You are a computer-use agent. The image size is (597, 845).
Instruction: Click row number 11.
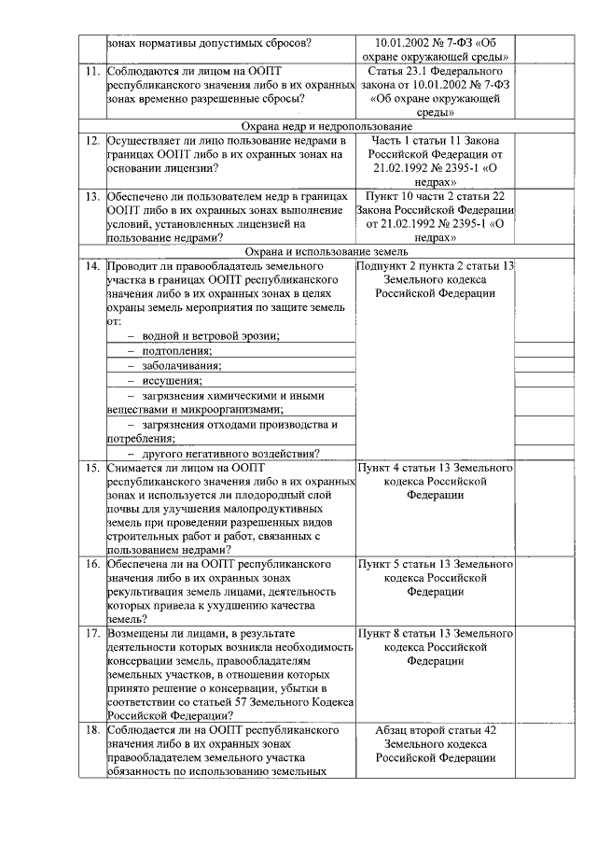point(92,71)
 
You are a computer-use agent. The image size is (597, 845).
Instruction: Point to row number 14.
point(92,266)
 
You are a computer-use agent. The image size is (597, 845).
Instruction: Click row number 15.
point(92,467)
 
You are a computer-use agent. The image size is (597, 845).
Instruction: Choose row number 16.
point(92,565)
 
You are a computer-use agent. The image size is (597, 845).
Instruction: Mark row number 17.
point(92,633)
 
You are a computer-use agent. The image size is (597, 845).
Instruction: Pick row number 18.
point(92,730)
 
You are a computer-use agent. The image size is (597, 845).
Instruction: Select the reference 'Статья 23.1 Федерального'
point(435,71)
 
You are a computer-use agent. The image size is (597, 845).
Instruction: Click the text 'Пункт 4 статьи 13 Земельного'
point(435,467)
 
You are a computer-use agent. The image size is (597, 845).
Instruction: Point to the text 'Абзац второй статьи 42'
point(435,730)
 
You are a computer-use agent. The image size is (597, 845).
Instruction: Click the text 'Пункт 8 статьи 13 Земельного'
point(435,633)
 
